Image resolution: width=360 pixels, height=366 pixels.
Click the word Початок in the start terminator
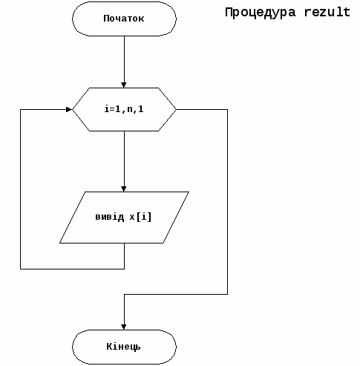[124, 19]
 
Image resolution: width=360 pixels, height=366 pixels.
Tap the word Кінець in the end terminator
[123, 347]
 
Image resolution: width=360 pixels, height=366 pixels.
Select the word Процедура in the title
[261, 13]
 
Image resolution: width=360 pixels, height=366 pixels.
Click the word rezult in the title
[327, 12]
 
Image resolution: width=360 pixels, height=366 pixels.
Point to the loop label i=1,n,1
[124, 109]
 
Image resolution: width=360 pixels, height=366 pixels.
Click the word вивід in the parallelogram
[110, 217]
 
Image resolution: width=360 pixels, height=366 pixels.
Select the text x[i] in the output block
[140, 217]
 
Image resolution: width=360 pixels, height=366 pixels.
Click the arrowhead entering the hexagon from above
[124, 85]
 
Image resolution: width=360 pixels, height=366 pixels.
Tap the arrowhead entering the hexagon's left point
[69, 109]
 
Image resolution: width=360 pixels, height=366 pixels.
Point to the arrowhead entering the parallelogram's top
[124, 189]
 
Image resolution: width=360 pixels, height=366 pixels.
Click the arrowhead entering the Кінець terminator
[124, 327]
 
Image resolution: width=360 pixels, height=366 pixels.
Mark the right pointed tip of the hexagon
[176, 109]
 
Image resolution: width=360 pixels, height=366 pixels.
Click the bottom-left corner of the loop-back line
[20, 269]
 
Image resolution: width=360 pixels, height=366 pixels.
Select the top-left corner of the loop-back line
[20, 109]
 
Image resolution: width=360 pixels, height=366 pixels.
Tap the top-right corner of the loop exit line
[227, 109]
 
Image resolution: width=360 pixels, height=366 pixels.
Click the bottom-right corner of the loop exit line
[227, 294]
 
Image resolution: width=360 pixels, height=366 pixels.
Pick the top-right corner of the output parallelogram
[189, 192]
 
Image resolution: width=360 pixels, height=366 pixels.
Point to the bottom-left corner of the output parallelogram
[59, 243]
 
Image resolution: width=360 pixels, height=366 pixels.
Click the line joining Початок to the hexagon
[124, 62]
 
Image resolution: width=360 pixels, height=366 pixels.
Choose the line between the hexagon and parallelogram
[124, 161]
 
